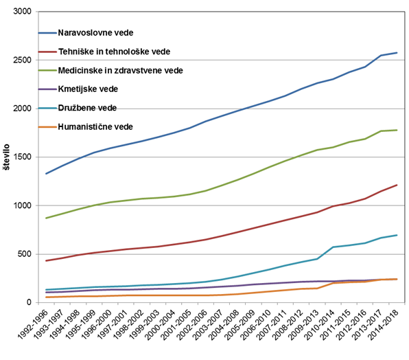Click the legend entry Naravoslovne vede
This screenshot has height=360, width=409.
(95, 33)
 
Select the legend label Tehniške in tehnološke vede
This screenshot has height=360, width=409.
(114, 52)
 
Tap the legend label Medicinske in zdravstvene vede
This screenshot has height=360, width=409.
(120, 71)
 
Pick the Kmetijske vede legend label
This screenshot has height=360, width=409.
(88, 89)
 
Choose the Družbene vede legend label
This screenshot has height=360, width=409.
(87, 108)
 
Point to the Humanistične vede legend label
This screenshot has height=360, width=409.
(95, 127)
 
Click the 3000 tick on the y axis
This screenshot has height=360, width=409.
(22, 12)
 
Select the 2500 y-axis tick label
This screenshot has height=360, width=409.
(22, 60)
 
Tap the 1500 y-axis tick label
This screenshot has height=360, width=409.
(22, 157)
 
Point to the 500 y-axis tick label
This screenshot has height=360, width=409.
(25, 254)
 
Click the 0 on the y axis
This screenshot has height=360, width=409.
(29, 302)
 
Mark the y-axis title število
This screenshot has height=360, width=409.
(6, 157)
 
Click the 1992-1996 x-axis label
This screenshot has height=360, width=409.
(33, 325)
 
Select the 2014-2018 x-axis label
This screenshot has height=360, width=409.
(384, 325)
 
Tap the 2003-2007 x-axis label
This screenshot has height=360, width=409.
(209, 325)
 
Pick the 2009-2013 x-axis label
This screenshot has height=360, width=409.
(304, 325)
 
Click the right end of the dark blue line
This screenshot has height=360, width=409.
(397, 53)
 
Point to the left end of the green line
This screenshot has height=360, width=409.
(46, 218)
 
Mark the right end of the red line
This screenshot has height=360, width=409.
(397, 185)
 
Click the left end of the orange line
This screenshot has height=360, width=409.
(46, 297)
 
